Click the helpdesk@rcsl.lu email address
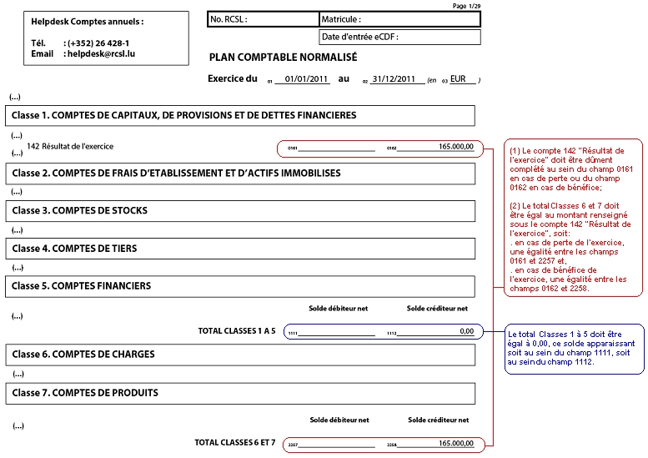pyautogui.click(x=101, y=53)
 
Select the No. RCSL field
pyautogui.click(x=264, y=19)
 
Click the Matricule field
pyautogui.click(x=400, y=19)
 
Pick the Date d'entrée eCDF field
pyautogui.click(x=399, y=38)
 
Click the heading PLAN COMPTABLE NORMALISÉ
pyautogui.click(x=284, y=58)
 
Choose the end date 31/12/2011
pyautogui.click(x=393, y=79)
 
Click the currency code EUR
pyautogui.click(x=458, y=79)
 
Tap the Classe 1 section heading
pyautogui.click(x=184, y=115)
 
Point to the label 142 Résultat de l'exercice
pyautogui.click(x=70, y=146)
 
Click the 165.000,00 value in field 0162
pyautogui.click(x=455, y=147)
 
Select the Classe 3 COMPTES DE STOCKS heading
pyautogui.click(x=80, y=210)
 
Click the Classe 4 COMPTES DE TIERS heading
pyautogui.click(x=75, y=248)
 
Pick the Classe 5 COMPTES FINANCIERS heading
pyautogui.click(x=82, y=285)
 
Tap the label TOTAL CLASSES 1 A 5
pyautogui.click(x=236, y=331)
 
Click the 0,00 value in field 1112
pyautogui.click(x=466, y=331)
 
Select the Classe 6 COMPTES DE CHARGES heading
pyautogui.click(x=83, y=354)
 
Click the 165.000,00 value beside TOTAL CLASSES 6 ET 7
pyautogui.click(x=455, y=443)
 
